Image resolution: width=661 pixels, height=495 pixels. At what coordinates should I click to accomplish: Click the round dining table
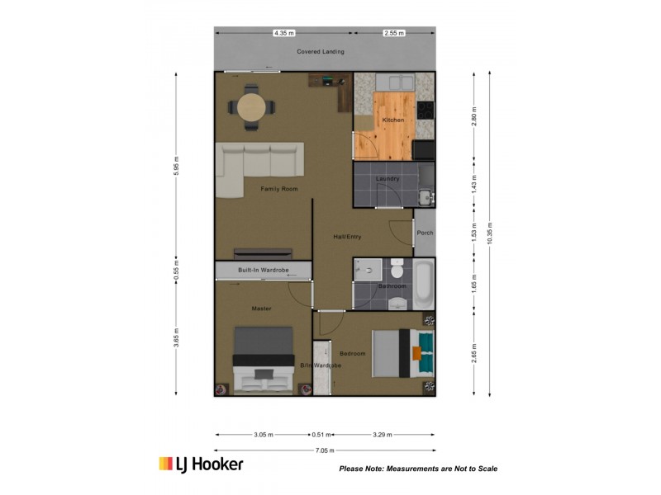(x=251, y=107)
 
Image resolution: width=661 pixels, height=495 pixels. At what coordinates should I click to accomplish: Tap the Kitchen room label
(x=393, y=120)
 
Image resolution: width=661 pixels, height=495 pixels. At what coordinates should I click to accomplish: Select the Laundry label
(x=388, y=178)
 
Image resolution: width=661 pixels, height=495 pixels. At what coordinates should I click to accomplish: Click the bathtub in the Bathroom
(x=423, y=284)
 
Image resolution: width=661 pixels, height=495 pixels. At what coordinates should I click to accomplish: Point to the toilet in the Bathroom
(x=397, y=268)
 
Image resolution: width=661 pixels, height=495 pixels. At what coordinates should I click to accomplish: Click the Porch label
(x=425, y=233)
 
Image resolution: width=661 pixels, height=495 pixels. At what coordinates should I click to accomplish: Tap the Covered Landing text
(x=321, y=51)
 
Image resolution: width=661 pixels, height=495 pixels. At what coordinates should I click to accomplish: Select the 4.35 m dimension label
(x=283, y=33)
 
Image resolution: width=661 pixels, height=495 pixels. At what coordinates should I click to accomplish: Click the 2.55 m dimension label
(x=394, y=33)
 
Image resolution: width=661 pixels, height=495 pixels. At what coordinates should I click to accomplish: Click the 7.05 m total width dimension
(x=325, y=450)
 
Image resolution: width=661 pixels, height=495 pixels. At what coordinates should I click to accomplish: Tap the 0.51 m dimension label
(x=321, y=435)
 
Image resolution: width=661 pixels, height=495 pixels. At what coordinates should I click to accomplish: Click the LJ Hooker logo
(x=201, y=464)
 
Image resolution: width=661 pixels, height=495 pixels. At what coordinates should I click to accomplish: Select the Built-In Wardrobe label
(x=264, y=271)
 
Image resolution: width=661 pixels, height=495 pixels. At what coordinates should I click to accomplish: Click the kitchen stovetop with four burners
(x=426, y=111)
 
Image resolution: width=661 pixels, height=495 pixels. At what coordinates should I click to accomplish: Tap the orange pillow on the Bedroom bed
(x=416, y=353)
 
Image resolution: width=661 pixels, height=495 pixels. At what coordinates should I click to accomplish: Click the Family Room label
(x=279, y=189)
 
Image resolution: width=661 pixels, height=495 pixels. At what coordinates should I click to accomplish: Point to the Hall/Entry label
(x=347, y=237)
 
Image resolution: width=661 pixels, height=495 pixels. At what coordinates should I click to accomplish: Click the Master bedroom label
(x=261, y=309)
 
